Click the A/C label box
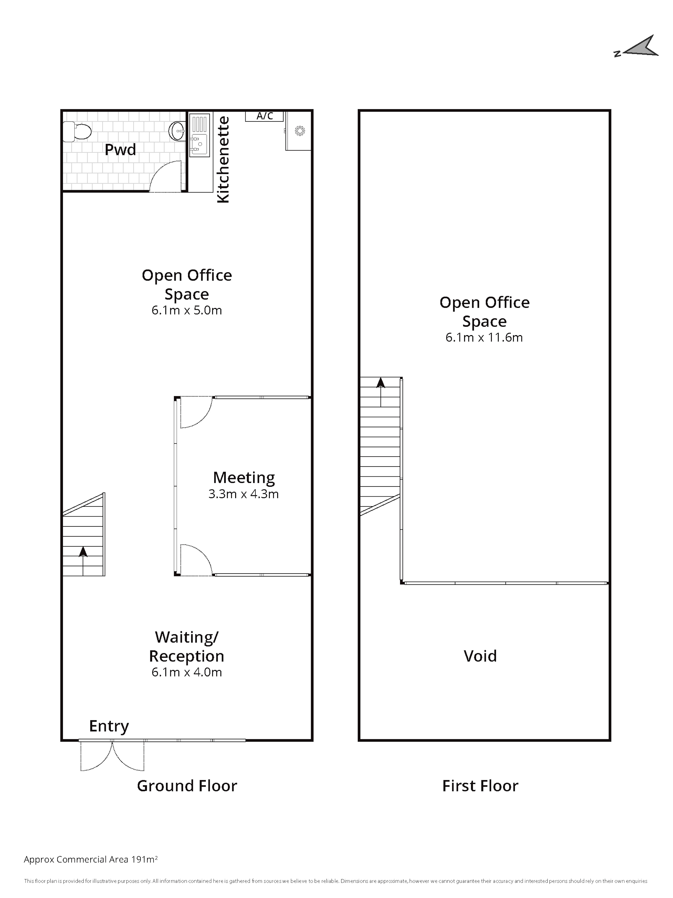coord(264,116)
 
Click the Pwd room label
coord(120,150)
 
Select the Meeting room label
coord(244,478)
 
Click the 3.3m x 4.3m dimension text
coord(244,494)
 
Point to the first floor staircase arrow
coord(381,392)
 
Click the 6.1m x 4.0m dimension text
coord(187,672)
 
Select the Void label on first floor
coord(480,656)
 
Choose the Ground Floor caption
coord(187,786)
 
